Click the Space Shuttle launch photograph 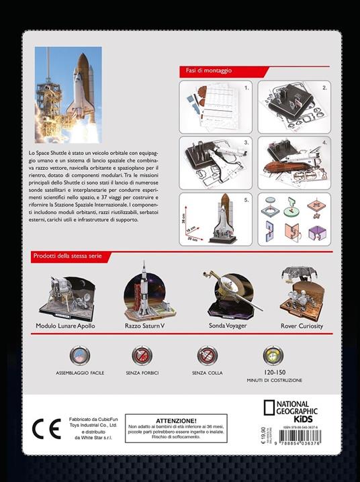[69, 95]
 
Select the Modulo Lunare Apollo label [66, 326]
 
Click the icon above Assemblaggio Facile [80, 355]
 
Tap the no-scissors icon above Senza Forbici [142, 355]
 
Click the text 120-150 [273, 371]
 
